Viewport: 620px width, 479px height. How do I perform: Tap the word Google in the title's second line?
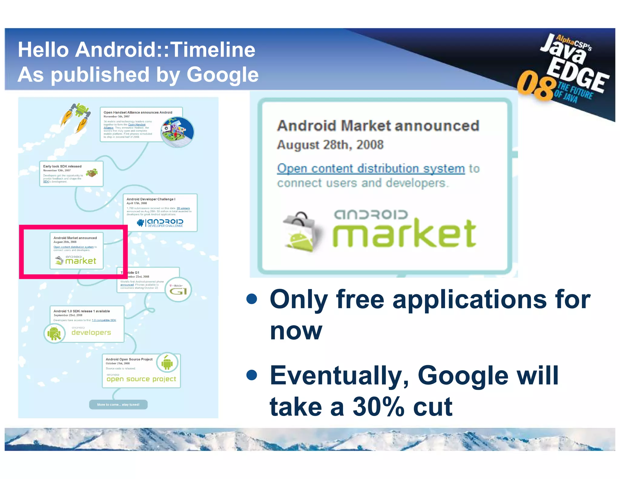pos(223,75)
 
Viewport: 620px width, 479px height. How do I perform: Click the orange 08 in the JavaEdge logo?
pos(535,85)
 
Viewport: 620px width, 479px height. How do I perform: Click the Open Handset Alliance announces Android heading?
pos(138,112)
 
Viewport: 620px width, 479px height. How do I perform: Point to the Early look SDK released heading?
pos(62,166)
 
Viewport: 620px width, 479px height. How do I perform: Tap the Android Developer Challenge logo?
pos(160,223)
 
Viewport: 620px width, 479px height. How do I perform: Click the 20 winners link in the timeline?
pos(183,208)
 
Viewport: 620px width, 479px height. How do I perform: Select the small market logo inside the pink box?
pos(75,260)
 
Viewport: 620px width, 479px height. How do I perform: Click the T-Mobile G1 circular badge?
pos(178,289)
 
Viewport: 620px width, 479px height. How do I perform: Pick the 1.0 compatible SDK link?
pos(104,320)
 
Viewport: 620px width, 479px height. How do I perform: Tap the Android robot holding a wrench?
pos(54,333)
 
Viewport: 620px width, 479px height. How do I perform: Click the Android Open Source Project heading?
pos(129,359)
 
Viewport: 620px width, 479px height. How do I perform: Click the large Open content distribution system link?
pos(371,169)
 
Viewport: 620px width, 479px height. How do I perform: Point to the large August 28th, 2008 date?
pos(330,145)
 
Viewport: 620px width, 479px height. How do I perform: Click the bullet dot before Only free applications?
pos(252,299)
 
